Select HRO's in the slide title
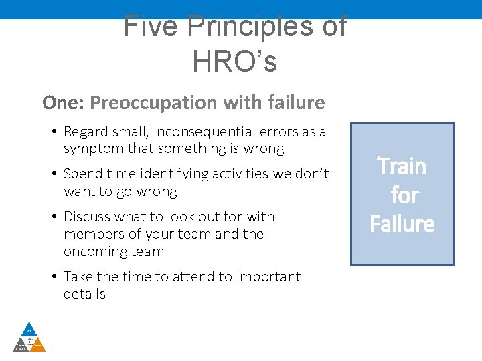click(x=234, y=62)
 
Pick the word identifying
click(x=169, y=174)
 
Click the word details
click(x=84, y=294)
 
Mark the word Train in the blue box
click(x=402, y=166)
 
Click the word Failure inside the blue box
click(x=402, y=223)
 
